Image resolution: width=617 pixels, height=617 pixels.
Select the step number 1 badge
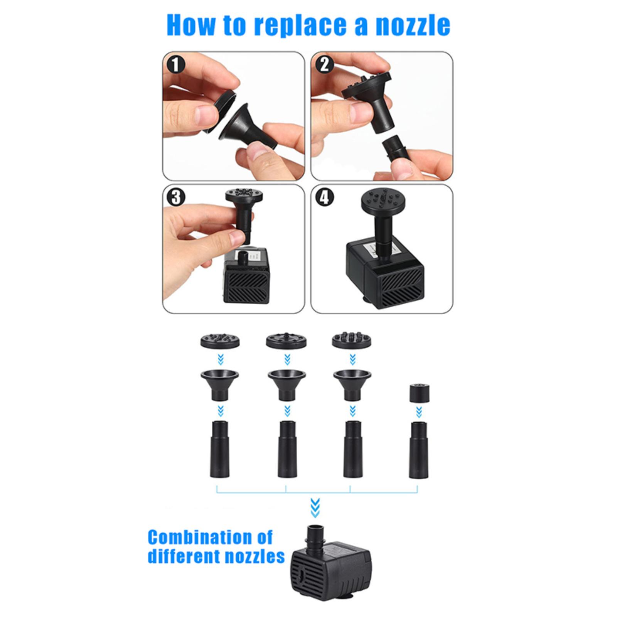pos(176,64)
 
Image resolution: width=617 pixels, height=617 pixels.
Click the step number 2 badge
pos(324,64)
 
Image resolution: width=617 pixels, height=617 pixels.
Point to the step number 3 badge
pos(176,197)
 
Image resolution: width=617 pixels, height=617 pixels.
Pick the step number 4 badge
pos(324,197)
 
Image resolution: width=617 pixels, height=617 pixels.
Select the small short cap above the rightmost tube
pos(419,393)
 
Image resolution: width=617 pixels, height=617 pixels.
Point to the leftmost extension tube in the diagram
pos(220,449)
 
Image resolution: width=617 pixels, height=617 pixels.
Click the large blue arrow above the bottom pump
pos(315,507)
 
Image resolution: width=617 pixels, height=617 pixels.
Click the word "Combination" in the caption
pos(211,537)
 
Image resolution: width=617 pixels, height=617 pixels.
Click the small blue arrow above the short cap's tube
pos(419,413)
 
